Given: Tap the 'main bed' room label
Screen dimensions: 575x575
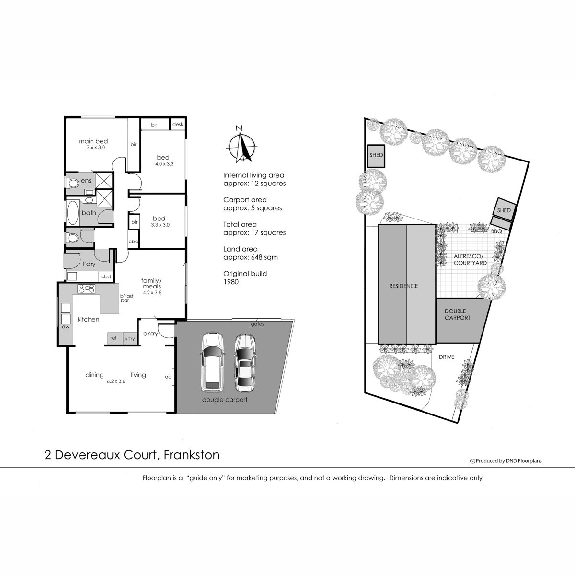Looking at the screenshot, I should pyautogui.click(x=93, y=141).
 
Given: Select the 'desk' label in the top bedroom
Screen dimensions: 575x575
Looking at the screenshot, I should pyautogui.click(x=178, y=125).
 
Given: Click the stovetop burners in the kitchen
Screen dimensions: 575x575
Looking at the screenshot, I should pyautogui.click(x=87, y=288).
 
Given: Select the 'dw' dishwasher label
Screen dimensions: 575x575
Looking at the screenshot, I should pyautogui.click(x=65, y=327).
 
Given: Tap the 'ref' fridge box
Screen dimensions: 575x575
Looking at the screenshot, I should pyautogui.click(x=114, y=338).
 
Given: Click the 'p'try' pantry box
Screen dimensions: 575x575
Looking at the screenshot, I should pyautogui.click(x=129, y=338).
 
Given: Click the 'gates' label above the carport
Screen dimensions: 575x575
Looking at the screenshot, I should pyautogui.click(x=257, y=324).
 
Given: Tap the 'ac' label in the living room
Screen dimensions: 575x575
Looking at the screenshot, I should pyautogui.click(x=168, y=377).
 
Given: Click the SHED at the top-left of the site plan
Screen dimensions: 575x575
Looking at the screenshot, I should pyautogui.click(x=376, y=156).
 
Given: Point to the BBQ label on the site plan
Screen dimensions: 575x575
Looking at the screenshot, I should pyautogui.click(x=496, y=231).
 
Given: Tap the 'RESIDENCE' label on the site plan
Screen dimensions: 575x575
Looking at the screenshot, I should pyautogui.click(x=403, y=286).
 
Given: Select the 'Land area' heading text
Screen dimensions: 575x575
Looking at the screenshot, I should pyautogui.click(x=241, y=249).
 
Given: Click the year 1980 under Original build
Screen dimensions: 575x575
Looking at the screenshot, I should pyautogui.click(x=231, y=282).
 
